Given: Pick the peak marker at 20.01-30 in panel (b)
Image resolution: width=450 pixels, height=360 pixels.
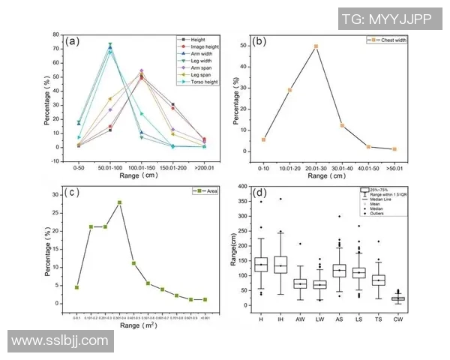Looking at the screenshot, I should pyautogui.click(x=316, y=46).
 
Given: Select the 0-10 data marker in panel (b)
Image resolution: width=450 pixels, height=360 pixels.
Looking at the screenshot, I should pyautogui.click(x=263, y=139).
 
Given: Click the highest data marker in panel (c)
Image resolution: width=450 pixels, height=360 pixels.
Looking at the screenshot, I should pyautogui.click(x=119, y=202).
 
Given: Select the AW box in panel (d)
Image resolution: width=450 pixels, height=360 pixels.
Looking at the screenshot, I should pyautogui.click(x=300, y=283).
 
